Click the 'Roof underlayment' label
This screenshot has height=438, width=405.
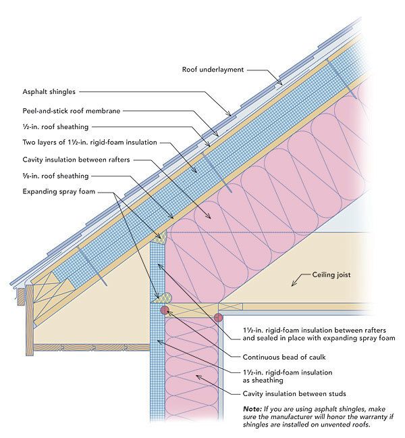point(213,70)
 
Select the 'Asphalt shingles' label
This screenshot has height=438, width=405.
point(49,92)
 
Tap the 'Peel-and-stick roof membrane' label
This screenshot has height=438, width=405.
point(72,111)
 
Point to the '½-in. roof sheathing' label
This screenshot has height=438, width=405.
point(55,127)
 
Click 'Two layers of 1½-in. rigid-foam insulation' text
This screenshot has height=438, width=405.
point(90,143)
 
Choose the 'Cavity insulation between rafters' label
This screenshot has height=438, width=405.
point(76,160)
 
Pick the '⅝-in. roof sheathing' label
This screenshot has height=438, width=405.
point(55,176)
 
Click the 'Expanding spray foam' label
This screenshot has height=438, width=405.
point(59,192)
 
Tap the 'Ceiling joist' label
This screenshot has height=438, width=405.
point(331,275)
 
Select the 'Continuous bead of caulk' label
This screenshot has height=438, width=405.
point(284,358)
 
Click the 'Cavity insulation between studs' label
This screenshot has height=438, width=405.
point(294,394)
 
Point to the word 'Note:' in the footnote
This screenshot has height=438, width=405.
point(252,409)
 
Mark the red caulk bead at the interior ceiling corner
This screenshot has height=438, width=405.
point(219,318)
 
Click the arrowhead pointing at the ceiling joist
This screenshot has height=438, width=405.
point(293,284)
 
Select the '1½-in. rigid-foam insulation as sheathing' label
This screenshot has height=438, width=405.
point(288,376)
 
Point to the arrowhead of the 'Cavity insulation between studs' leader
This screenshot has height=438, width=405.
point(198,376)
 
